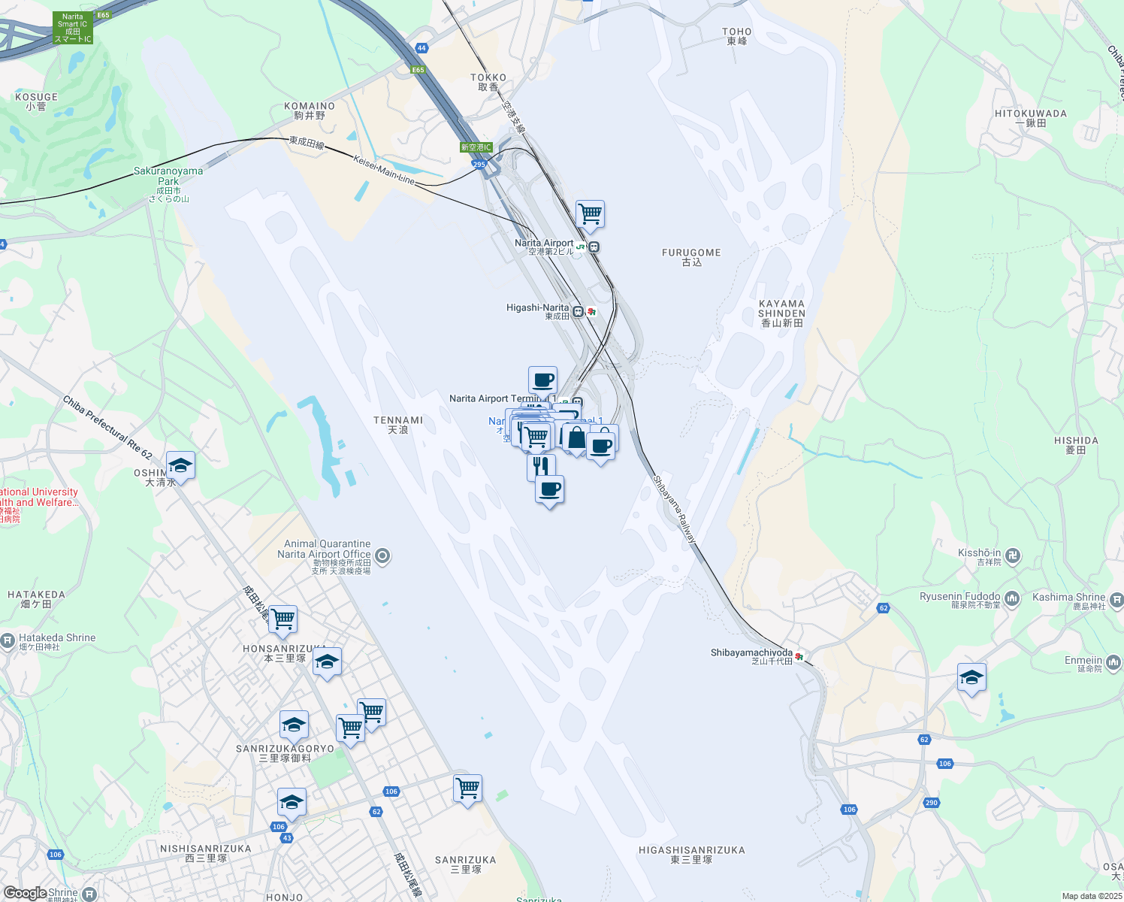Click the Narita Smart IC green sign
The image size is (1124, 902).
pos(73,28)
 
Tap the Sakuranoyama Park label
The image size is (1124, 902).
pos(168,176)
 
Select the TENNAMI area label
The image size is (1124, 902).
pos(398,425)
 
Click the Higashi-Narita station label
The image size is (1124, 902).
pos(537,311)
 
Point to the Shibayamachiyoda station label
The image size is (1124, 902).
pos(751,656)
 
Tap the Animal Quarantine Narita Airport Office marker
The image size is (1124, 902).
pos(382,556)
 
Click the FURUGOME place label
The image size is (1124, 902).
pos(691,257)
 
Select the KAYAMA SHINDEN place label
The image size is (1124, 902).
pos(781,313)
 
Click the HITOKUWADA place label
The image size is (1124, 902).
pos(1030,118)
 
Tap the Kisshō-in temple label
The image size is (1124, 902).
pos(980,557)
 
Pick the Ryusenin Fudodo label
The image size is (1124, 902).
pos(960,600)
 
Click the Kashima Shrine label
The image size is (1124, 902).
pos(1068,601)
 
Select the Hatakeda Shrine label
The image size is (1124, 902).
pos(57,641)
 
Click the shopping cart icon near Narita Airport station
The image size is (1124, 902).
pos(591,214)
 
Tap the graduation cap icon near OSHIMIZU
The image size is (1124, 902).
pos(180,466)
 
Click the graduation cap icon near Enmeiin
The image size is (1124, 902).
pos(971,677)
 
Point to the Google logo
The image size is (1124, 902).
pos(25,892)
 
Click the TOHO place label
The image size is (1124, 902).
pos(736,36)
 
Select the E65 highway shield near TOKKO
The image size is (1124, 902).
pos(418,70)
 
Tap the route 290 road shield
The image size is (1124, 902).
pos(932,803)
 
